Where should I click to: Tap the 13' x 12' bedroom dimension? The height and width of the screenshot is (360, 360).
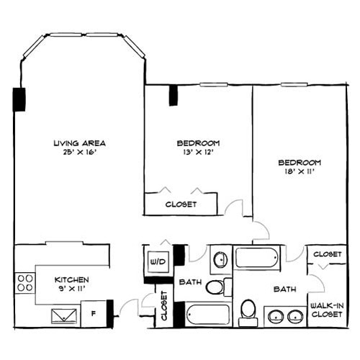click(198, 152)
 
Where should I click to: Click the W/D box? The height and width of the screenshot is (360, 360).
click(157, 261)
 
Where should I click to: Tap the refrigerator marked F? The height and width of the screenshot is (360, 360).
click(93, 312)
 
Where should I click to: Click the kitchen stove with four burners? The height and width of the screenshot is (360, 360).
click(25, 282)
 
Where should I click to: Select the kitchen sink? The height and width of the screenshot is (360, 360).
click(66, 315)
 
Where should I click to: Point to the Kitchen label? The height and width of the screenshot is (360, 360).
click(72, 279)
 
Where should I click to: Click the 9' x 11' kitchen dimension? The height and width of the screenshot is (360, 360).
click(72, 289)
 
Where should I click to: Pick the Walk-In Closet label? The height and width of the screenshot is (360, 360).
click(325, 310)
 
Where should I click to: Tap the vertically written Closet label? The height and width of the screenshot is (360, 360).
click(164, 307)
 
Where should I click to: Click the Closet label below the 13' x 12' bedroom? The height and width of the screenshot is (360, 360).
click(181, 204)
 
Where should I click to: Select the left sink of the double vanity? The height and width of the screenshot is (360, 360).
click(275, 315)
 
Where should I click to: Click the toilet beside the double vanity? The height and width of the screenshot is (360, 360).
click(248, 310)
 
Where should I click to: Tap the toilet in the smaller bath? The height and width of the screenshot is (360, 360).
click(214, 288)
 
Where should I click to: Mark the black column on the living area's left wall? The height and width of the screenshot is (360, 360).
click(18, 99)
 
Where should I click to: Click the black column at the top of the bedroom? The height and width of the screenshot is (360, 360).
click(173, 95)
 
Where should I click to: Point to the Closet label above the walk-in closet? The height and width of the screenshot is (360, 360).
click(328, 254)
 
